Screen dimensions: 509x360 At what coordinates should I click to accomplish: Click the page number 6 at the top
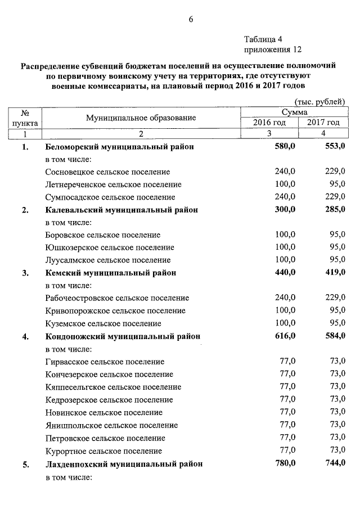click(x=191, y=19)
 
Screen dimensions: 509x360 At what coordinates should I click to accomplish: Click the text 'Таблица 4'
click(x=263, y=39)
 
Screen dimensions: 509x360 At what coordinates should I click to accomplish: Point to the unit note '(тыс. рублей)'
click(x=319, y=102)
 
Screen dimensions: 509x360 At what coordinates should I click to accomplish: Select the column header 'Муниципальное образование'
click(x=141, y=118)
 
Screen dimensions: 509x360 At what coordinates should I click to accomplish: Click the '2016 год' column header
click(x=269, y=123)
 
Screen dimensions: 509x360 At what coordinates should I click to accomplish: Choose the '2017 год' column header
click(x=323, y=123)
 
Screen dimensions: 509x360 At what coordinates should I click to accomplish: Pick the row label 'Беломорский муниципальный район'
click(x=119, y=147)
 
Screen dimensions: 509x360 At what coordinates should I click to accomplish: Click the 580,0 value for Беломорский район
click(x=285, y=146)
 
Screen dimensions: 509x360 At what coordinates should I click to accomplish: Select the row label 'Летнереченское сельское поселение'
click(x=113, y=184)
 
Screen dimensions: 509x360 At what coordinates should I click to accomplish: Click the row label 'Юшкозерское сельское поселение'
click(x=110, y=247)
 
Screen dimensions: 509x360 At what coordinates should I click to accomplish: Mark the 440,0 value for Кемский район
click(x=285, y=273)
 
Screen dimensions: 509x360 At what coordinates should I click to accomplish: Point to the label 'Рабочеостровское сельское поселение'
click(x=117, y=298)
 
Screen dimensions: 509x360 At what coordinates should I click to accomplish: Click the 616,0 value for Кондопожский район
click(x=285, y=336)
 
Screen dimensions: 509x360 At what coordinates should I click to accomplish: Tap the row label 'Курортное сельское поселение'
click(x=103, y=451)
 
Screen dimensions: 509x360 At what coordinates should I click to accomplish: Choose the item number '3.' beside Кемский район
click(x=25, y=273)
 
